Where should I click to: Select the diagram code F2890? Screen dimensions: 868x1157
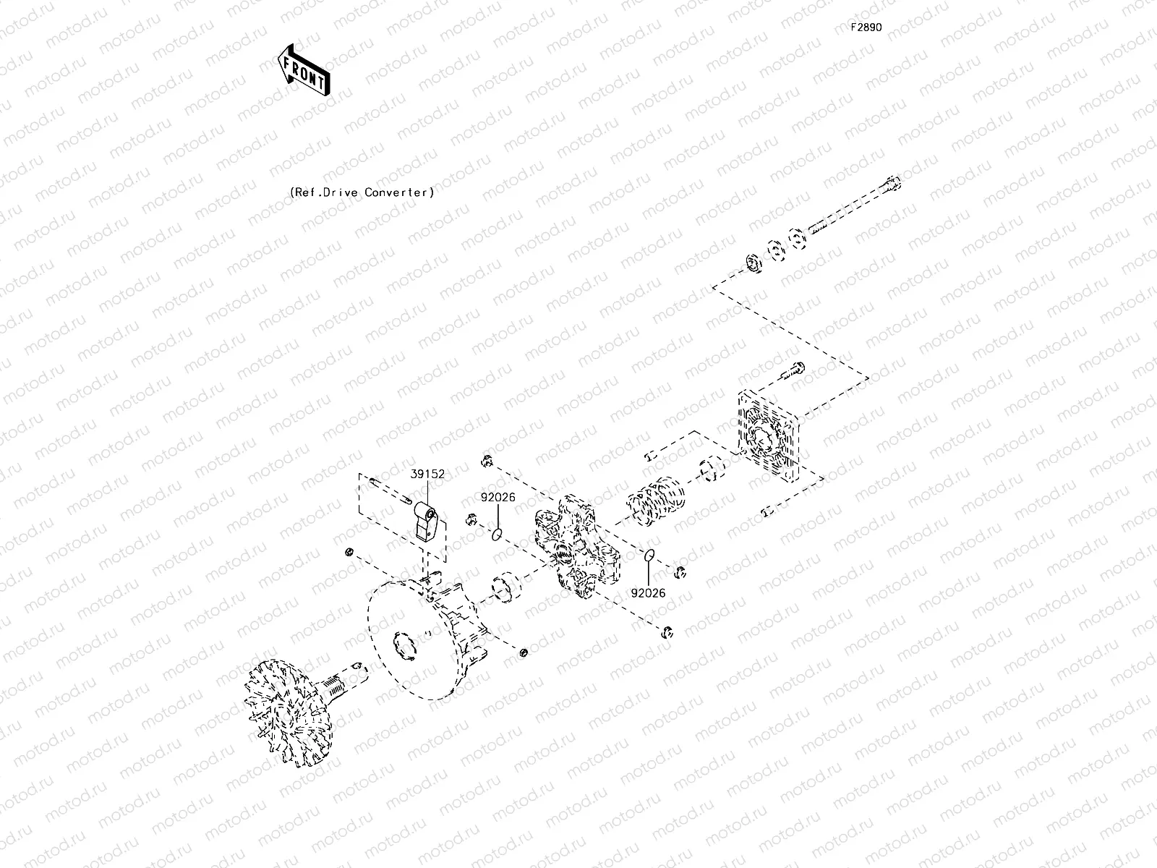coord(866,27)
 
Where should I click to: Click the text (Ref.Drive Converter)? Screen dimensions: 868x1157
coord(362,192)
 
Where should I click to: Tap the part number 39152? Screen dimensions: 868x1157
coord(427,475)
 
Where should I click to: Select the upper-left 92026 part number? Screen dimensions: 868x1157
coord(499,498)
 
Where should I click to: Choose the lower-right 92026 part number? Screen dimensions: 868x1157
coord(647,593)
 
